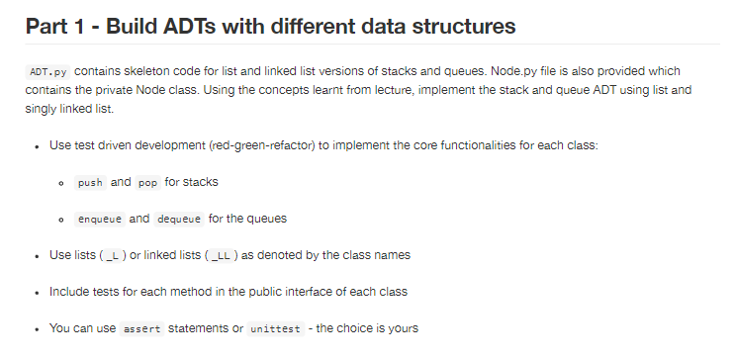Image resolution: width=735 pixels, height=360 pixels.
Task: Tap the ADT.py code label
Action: (x=47, y=72)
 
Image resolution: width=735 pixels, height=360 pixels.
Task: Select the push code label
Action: (x=89, y=182)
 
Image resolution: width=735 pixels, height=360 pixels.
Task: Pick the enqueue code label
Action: (x=101, y=218)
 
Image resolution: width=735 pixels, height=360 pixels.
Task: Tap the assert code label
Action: (x=141, y=328)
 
